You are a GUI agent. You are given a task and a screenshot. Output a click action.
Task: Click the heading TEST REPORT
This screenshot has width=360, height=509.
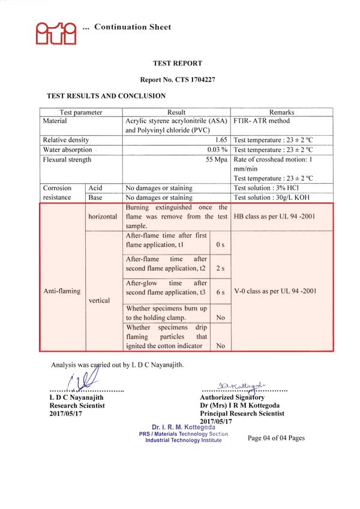(178, 63)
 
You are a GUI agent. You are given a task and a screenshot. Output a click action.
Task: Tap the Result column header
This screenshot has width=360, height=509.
(176, 112)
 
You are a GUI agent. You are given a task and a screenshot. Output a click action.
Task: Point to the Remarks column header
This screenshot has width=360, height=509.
(281, 112)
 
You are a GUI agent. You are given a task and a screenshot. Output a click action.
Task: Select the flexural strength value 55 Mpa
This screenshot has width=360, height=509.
(217, 160)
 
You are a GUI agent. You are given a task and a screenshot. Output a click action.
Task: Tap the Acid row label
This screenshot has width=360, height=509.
(95, 188)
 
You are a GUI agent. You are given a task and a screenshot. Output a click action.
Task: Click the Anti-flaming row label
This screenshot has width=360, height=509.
(62, 291)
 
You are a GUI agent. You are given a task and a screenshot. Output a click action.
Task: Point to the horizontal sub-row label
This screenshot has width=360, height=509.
(103, 216)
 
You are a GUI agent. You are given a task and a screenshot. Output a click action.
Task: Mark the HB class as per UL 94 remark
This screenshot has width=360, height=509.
(274, 216)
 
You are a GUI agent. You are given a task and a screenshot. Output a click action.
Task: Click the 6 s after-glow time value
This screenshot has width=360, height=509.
(220, 292)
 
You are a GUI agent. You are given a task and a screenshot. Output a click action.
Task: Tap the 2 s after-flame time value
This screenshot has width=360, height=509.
(220, 268)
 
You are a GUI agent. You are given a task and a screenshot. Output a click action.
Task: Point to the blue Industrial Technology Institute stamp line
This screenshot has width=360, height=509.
(183, 440)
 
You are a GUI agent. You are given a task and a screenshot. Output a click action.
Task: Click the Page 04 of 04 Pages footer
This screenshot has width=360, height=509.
(276, 438)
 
